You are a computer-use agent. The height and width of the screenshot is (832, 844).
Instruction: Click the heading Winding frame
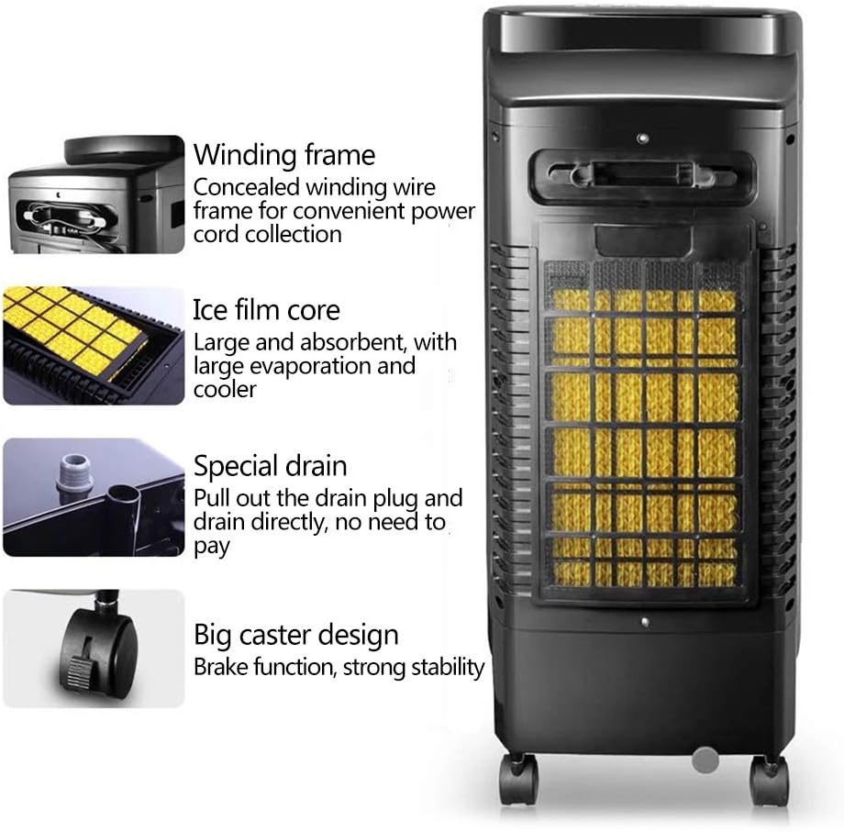point(284,154)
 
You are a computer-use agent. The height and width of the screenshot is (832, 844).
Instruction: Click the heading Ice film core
point(266,310)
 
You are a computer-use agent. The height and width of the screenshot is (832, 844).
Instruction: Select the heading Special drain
point(270,466)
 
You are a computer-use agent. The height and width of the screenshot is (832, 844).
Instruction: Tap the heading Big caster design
point(295,635)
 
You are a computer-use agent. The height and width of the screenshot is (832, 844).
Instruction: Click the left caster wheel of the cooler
point(517,780)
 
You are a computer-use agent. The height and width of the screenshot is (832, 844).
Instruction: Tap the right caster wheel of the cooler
point(769,780)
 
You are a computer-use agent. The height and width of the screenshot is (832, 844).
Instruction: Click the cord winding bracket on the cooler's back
point(642,174)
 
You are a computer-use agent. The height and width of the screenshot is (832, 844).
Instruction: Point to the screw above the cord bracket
point(641,139)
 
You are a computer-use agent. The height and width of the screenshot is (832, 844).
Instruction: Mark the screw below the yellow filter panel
point(646,622)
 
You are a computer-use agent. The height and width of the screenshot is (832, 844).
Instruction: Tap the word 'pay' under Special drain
point(211,548)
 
